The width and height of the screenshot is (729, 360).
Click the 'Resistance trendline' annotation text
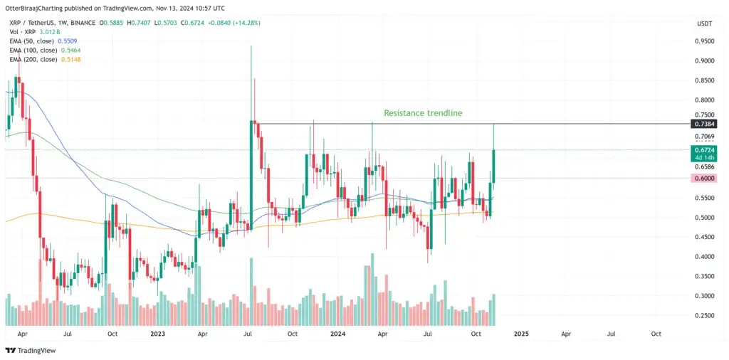(x=423, y=113)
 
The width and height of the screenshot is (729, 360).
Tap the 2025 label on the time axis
(x=521, y=334)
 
